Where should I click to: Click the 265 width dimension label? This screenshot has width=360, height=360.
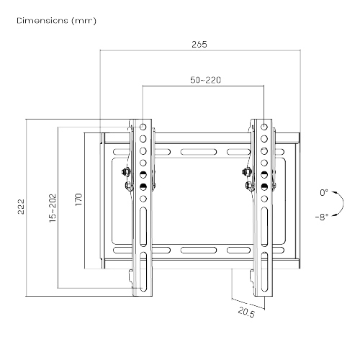(199, 45)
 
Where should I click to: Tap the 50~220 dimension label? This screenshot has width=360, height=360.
(206, 80)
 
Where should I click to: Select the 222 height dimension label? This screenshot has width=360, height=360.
(21, 207)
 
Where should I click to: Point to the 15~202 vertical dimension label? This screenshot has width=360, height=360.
(53, 208)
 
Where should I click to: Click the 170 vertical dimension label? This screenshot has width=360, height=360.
(78, 199)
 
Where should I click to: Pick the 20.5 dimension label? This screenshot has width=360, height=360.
(246, 312)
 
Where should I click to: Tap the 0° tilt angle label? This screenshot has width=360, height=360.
(324, 192)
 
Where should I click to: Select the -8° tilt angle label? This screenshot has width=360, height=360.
(322, 217)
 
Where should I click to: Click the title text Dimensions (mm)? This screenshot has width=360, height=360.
(57, 21)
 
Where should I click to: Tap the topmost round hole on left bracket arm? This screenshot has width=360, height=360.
(143, 127)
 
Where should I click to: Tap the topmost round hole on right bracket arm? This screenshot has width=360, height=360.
(264, 127)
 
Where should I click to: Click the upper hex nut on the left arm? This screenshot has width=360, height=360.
(125, 172)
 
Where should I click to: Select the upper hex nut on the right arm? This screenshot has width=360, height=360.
(247, 172)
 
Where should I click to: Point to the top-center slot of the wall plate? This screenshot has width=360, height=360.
(199, 152)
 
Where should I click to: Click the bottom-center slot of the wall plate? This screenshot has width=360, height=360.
(199, 251)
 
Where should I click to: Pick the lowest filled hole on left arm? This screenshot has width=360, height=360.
(143, 186)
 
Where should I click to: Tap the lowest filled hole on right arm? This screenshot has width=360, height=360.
(264, 186)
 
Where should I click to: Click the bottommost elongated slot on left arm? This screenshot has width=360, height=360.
(143, 272)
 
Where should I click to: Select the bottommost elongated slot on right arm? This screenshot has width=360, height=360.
(264, 272)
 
